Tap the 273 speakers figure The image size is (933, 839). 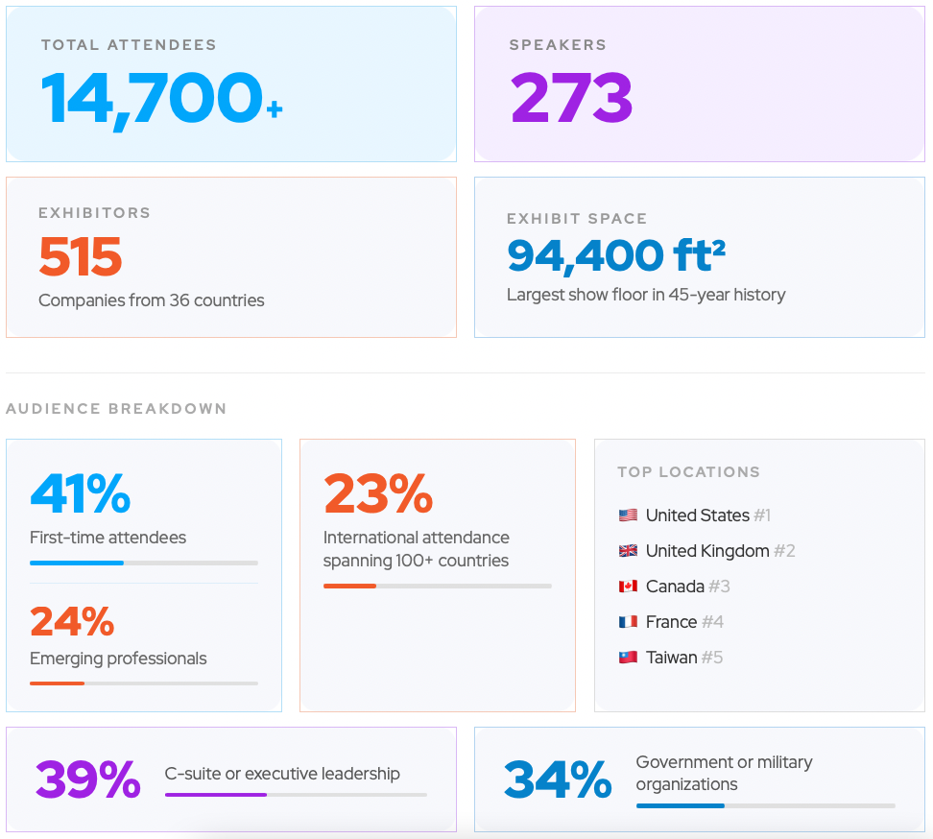tap(571, 98)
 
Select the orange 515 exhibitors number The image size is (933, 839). tap(81, 256)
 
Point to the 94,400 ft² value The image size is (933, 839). tap(615, 255)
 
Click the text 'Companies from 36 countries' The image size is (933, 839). tap(152, 300)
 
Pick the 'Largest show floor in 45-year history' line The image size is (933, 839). tap(646, 295)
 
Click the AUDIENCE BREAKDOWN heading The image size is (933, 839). tap(116, 409)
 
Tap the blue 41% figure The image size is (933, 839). tap(81, 493)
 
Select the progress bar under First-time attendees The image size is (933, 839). tap(144, 563)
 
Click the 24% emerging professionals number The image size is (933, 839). tap(72, 622)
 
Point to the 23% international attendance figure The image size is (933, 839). tap(378, 493)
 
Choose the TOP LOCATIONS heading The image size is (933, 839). tap(688, 472)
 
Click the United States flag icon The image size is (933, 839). tap(628, 515)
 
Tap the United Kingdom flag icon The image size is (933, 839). tap(628, 551)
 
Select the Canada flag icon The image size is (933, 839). tap(628, 587)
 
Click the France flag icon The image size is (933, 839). tap(628, 622)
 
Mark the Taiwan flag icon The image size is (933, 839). tap(628, 658)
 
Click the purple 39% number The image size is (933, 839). tap(88, 780)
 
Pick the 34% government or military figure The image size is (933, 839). tap(558, 780)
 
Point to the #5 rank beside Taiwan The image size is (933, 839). tap(712, 658)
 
